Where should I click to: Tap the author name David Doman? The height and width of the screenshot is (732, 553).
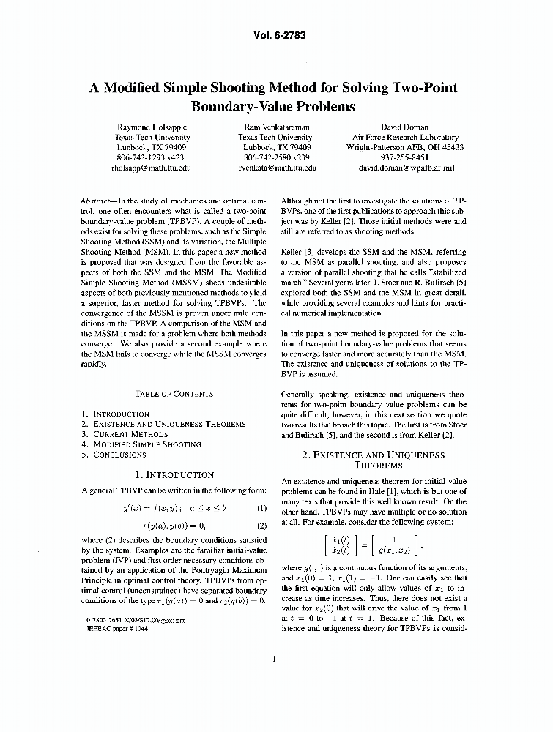click(404, 126)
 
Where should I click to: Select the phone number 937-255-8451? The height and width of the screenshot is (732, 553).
click(404, 157)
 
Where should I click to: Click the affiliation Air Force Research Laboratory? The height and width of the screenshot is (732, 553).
click(404, 137)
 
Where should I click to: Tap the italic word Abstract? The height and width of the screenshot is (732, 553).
click(96, 200)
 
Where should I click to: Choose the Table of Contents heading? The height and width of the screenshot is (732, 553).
click(174, 394)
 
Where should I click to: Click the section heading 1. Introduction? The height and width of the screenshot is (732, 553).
click(174, 475)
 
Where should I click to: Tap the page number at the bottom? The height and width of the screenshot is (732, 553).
click(273, 660)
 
